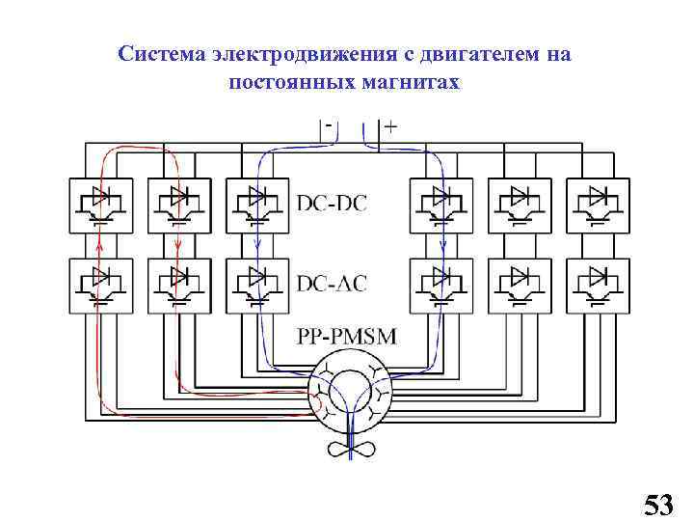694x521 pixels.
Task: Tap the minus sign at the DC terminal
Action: [x=331, y=124]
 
